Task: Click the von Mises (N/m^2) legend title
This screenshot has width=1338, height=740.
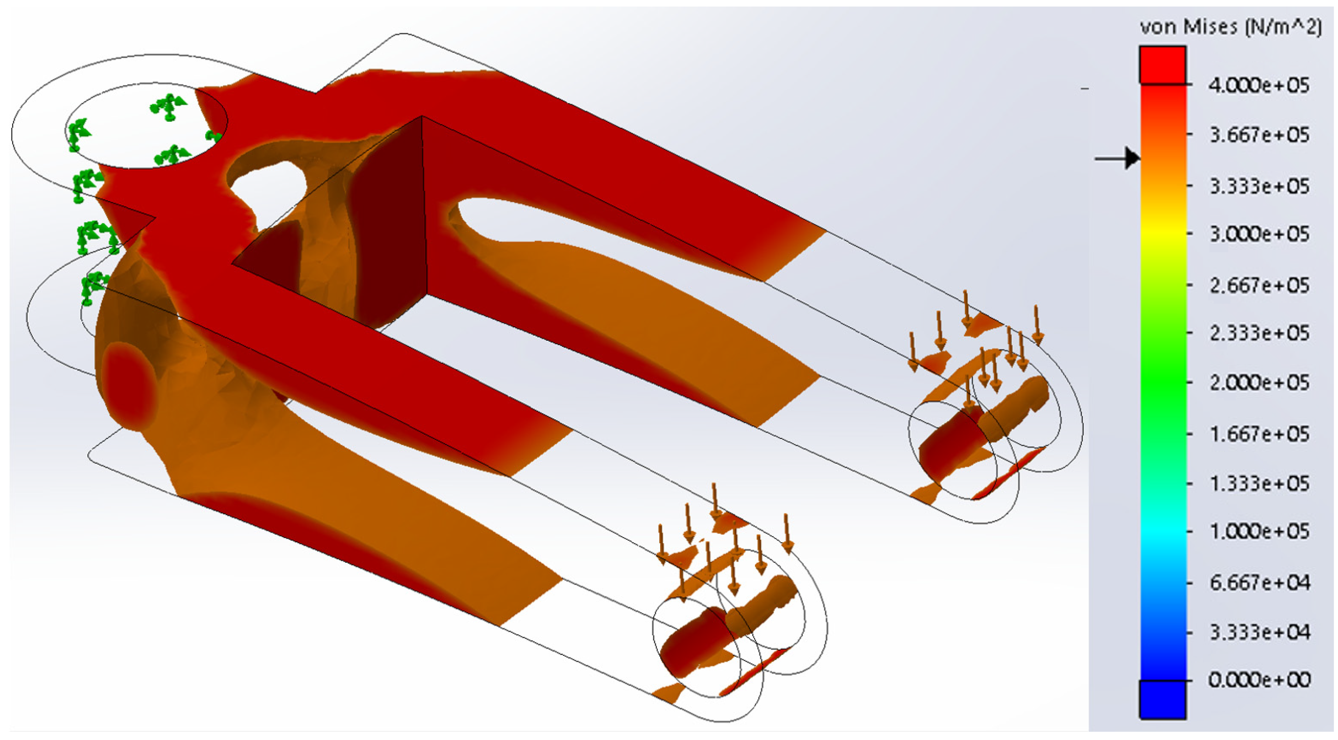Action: [1231, 27]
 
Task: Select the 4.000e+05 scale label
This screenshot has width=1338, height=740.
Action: [1258, 85]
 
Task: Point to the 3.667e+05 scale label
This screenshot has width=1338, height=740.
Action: [1258, 135]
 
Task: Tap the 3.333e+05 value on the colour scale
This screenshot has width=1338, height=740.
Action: [1258, 186]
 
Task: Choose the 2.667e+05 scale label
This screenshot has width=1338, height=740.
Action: [1258, 285]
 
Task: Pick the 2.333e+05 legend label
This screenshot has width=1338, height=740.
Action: [1258, 333]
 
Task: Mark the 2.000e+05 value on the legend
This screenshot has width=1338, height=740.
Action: [1258, 383]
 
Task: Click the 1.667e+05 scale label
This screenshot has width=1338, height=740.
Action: [1258, 434]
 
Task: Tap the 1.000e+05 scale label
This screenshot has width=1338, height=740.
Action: [1258, 532]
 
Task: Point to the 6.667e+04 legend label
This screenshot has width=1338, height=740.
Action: [1258, 582]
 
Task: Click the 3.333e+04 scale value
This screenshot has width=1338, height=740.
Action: [1258, 632]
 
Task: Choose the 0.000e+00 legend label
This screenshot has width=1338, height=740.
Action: [1258, 680]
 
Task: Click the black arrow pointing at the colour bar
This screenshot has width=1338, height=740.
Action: [1117, 158]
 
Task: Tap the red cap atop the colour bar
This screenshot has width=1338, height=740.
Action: [1163, 65]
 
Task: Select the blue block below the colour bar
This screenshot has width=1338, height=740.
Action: [1163, 700]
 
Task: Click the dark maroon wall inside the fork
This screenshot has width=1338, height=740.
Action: [390, 223]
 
